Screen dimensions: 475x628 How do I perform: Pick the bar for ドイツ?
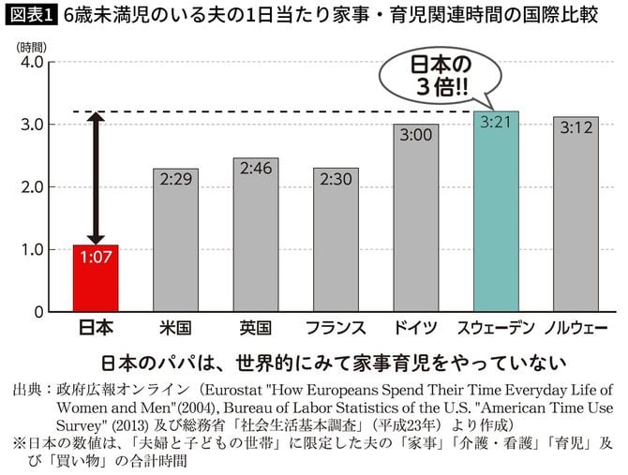click(415, 225)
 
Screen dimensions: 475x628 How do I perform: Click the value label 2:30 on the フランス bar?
click(336, 181)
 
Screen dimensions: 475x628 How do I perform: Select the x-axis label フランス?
click(336, 328)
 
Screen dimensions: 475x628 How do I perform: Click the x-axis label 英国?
click(256, 328)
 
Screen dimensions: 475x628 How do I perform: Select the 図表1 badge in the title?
click(31, 17)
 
